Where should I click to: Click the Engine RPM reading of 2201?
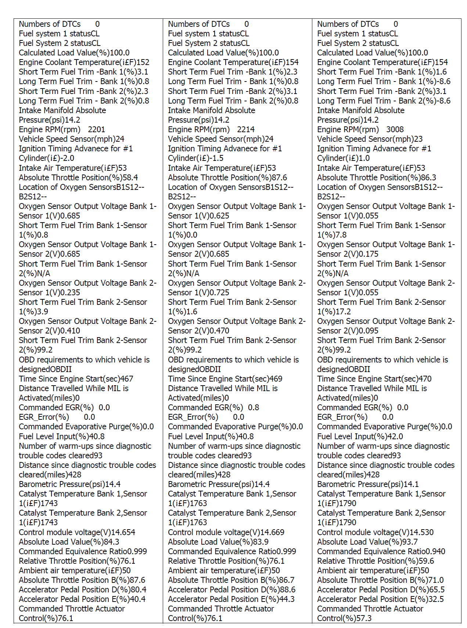(96, 130)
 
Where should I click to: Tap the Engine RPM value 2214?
(246, 130)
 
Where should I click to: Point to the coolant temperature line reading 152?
(84, 62)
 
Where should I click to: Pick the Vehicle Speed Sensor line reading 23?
(370, 139)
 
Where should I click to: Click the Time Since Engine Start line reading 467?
(76, 379)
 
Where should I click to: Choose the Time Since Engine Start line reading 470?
(374, 379)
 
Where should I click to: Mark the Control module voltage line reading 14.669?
(226, 533)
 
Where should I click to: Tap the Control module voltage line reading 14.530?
(375, 533)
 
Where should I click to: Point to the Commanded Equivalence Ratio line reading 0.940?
(381, 552)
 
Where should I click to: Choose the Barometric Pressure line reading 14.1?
(368, 484)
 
